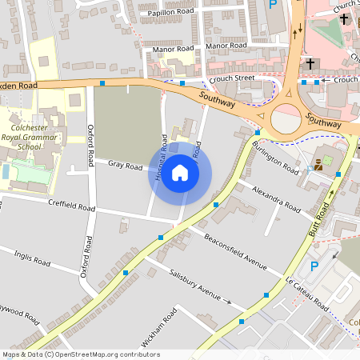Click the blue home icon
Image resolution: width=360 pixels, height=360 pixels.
point(180,173)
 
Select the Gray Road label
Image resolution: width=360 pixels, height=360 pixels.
point(125,167)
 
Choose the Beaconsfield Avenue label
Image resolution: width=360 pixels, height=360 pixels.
point(234,251)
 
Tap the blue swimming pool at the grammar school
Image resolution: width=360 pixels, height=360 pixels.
point(6,171)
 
